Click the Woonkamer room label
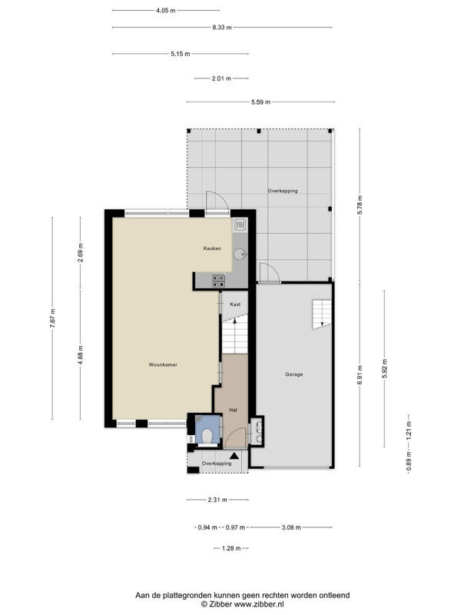click(x=163, y=364)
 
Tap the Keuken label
click(x=212, y=248)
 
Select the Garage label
click(x=294, y=374)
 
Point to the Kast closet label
click(x=235, y=304)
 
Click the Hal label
click(x=234, y=411)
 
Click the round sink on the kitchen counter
click(x=240, y=254)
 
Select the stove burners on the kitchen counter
click(x=219, y=281)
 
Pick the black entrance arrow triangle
click(x=234, y=456)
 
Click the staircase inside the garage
click(x=322, y=314)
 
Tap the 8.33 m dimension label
click(x=222, y=28)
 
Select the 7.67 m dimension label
click(x=52, y=318)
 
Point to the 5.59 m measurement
click(x=260, y=102)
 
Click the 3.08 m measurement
click(x=291, y=527)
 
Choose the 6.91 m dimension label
click(x=360, y=375)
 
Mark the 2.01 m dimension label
click(x=221, y=78)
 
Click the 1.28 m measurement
click(x=231, y=548)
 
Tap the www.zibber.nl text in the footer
click(x=259, y=604)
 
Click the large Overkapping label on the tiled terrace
click(x=283, y=191)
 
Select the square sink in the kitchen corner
click(x=240, y=224)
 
